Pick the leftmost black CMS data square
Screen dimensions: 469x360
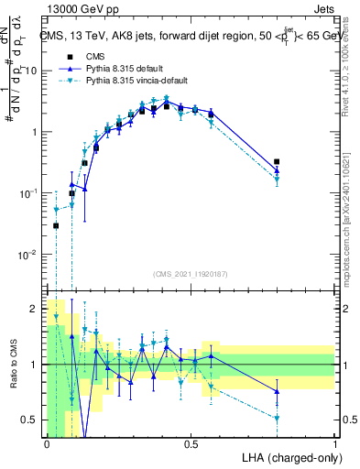56,225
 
